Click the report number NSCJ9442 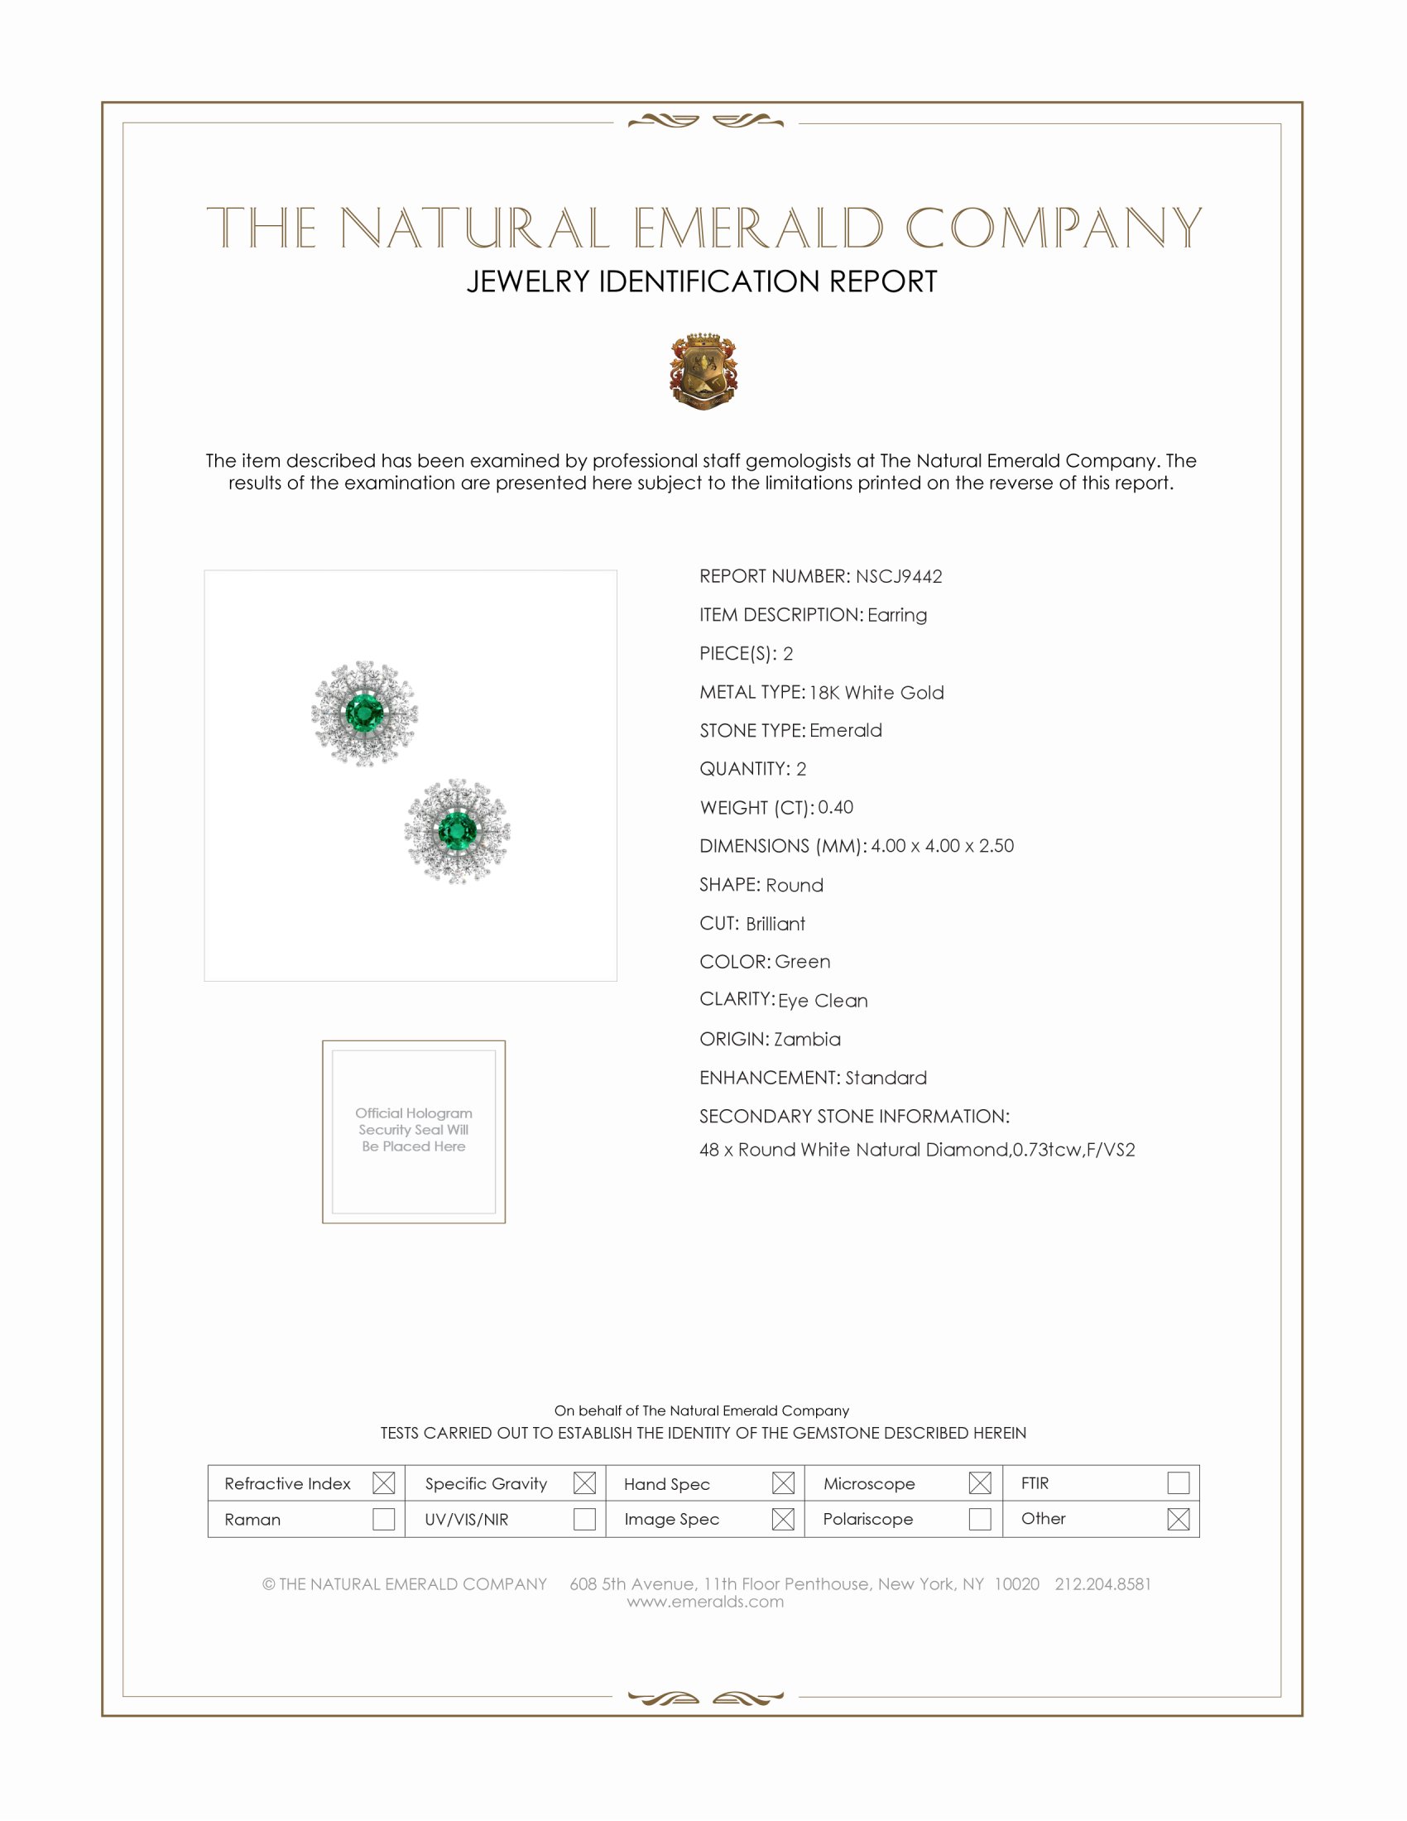[899, 576]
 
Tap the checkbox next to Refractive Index [383, 1482]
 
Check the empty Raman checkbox [383, 1518]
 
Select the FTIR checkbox [1178, 1482]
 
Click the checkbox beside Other [1178, 1518]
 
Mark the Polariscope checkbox [980, 1518]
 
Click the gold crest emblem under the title [703, 371]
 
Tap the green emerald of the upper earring [364, 714]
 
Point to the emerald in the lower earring [457, 831]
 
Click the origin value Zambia [807, 1039]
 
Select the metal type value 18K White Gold [876, 692]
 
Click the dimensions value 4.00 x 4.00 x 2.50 [942, 845]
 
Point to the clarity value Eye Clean [823, 1001]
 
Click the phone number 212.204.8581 [1102, 1583]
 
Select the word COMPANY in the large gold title [1054, 228]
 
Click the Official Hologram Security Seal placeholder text [414, 1130]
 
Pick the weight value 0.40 [835, 807]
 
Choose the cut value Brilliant [776, 924]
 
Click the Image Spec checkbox [783, 1518]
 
